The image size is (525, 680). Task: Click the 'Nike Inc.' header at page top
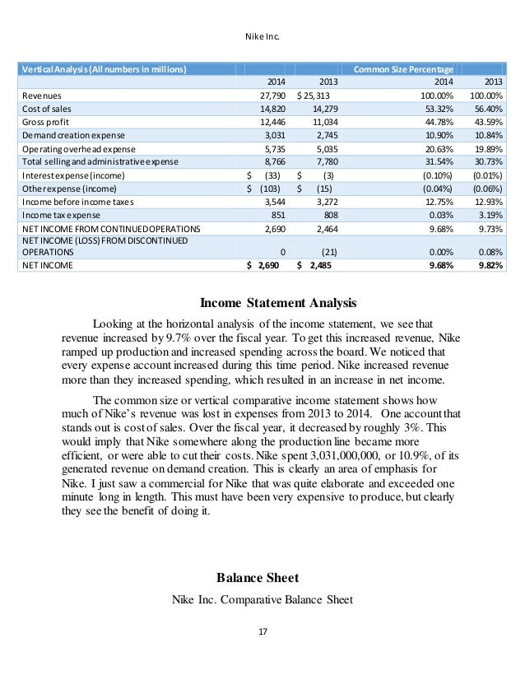262,36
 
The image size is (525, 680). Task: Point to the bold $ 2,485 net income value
316,266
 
